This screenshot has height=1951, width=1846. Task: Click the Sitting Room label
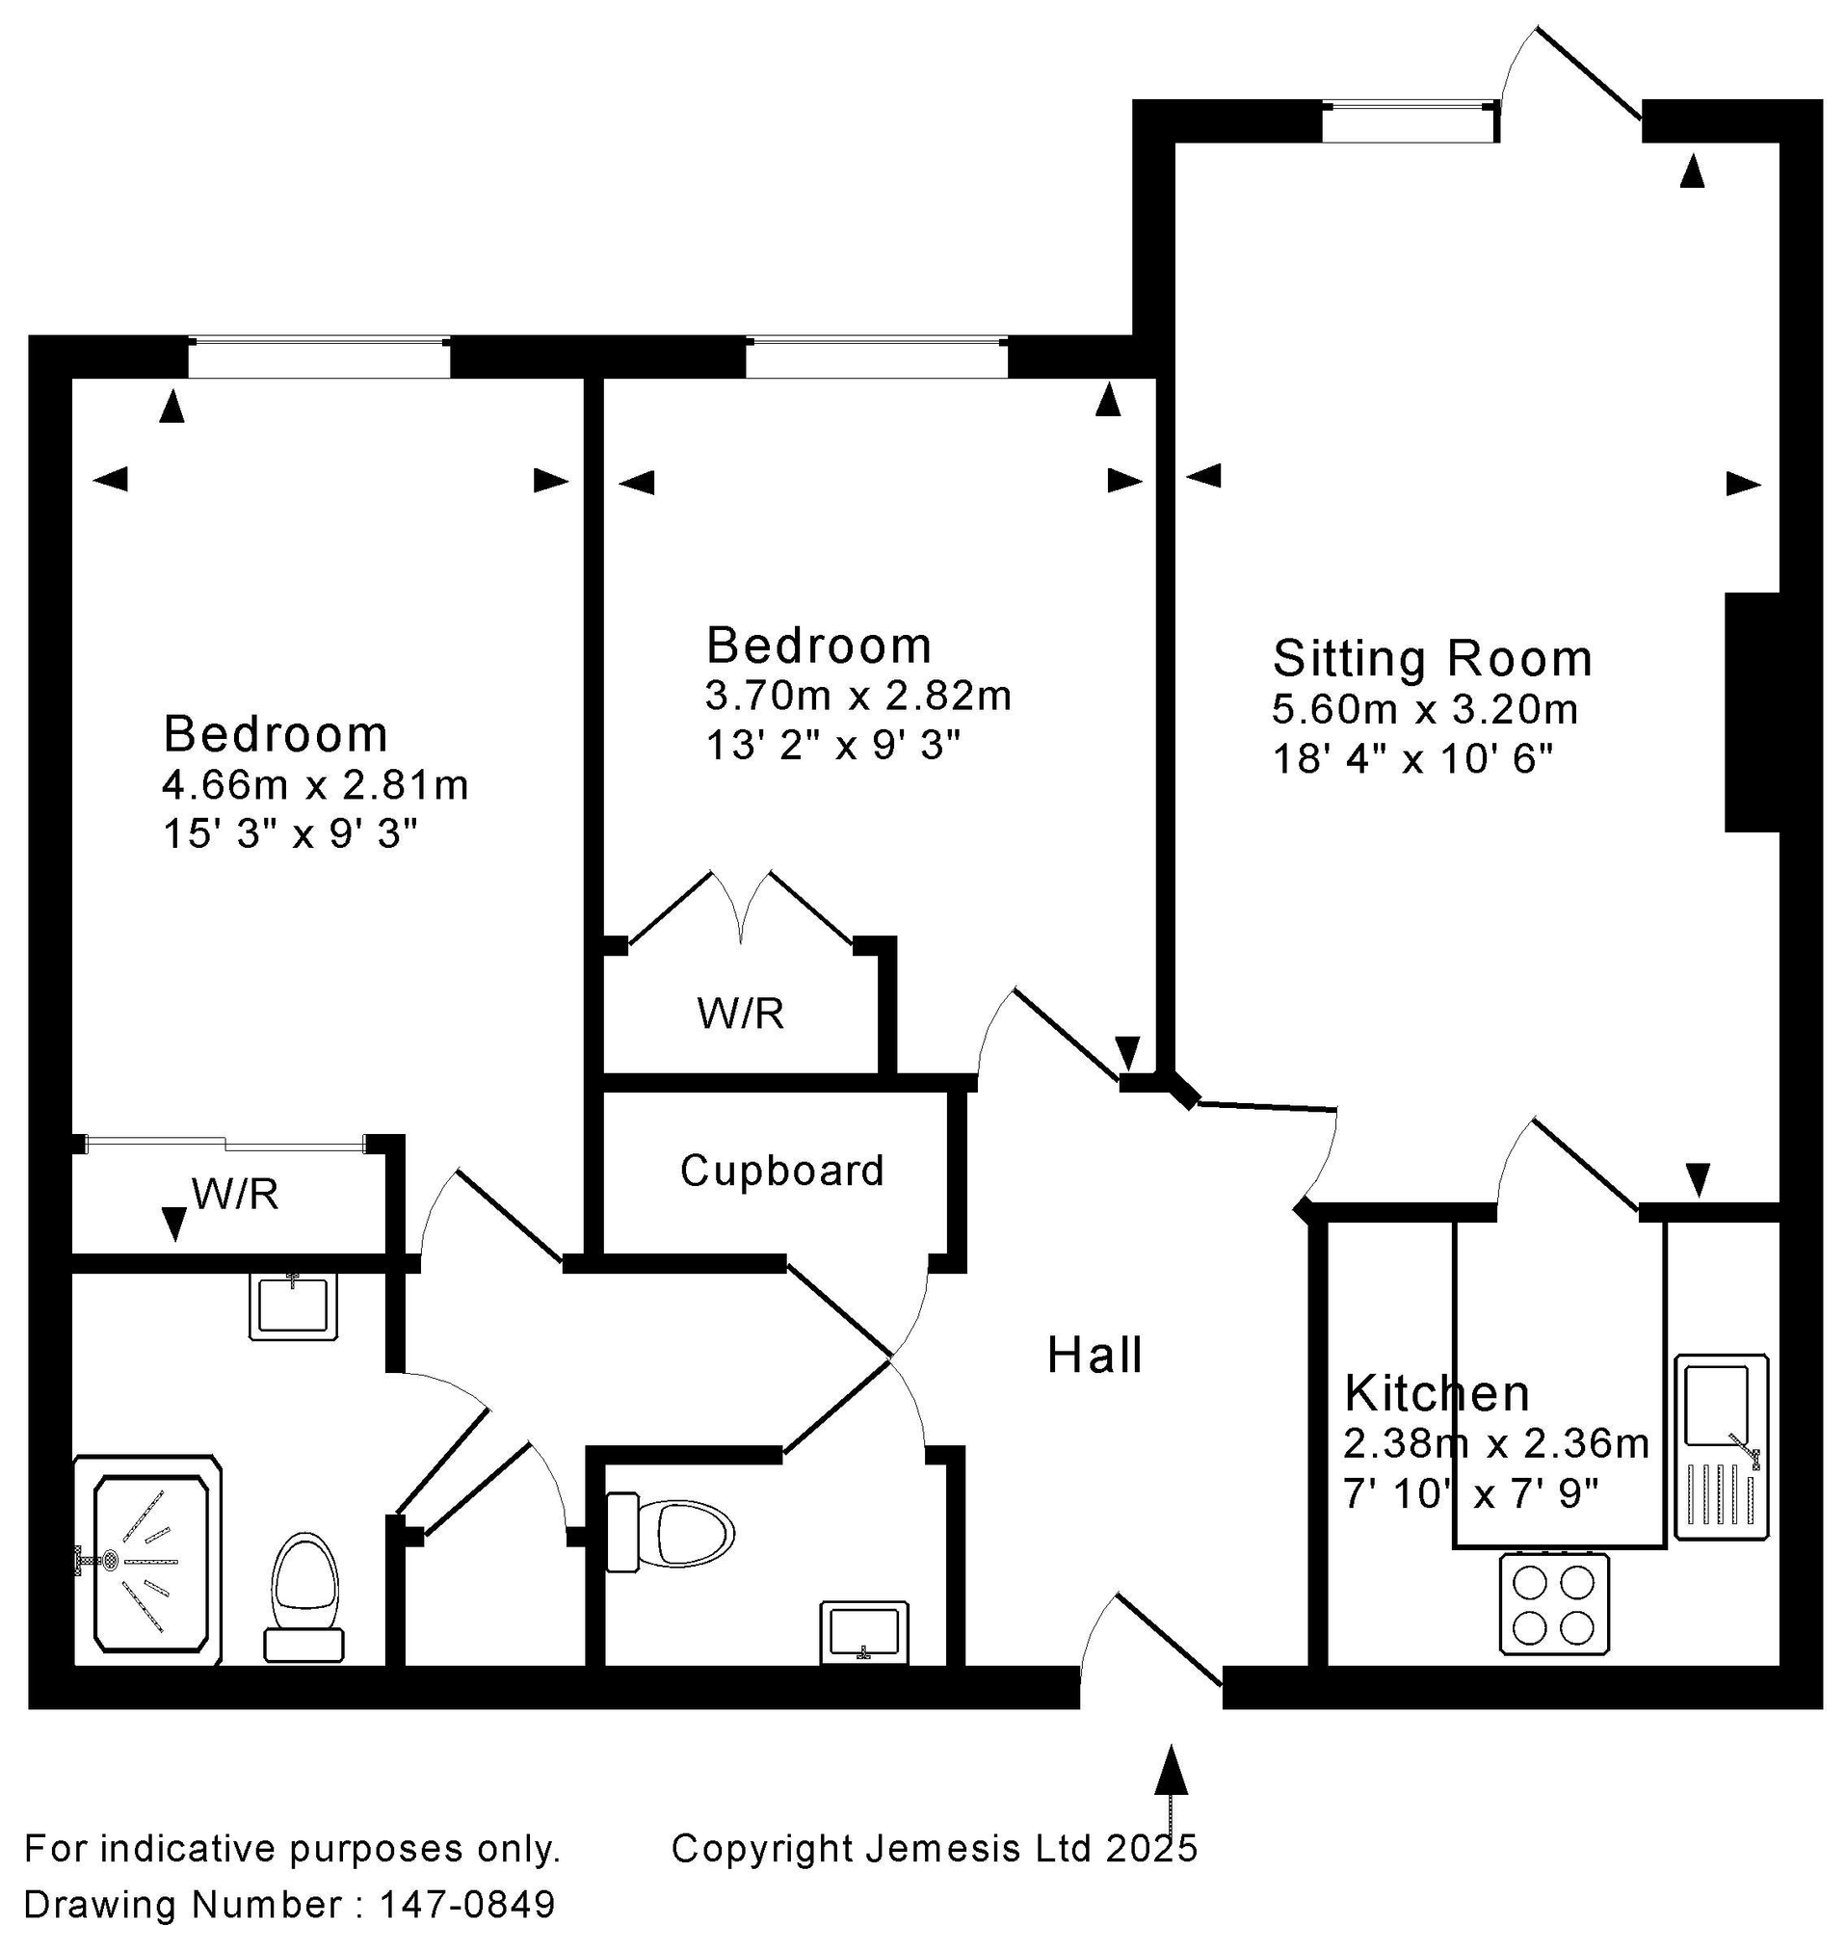(x=1432, y=658)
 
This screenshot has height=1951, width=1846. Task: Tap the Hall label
(x=1094, y=1356)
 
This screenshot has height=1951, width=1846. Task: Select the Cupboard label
(x=782, y=1171)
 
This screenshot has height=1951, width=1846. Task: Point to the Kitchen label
(x=1437, y=1393)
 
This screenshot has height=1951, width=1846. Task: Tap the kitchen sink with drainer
(x=1721, y=1446)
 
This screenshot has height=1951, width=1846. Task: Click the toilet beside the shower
(x=305, y=1599)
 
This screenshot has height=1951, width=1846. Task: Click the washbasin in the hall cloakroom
(x=864, y=1633)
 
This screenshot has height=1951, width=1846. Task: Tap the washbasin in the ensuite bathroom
(x=293, y=1305)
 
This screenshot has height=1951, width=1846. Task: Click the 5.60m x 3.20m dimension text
(x=1425, y=708)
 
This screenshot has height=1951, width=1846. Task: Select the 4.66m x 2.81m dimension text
(x=316, y=785)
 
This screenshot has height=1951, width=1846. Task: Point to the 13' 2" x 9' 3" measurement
(x=832, y=746)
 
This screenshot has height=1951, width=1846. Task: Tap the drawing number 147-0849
(x=468, y=1904)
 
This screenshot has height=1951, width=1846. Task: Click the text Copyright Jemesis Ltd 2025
(x=934, y=1848)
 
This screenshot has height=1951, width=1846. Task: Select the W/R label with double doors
(x=740, y=1013)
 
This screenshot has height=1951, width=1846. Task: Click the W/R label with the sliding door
(x=235, y=1194)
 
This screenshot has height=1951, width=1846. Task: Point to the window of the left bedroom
(x=319, y=357)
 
